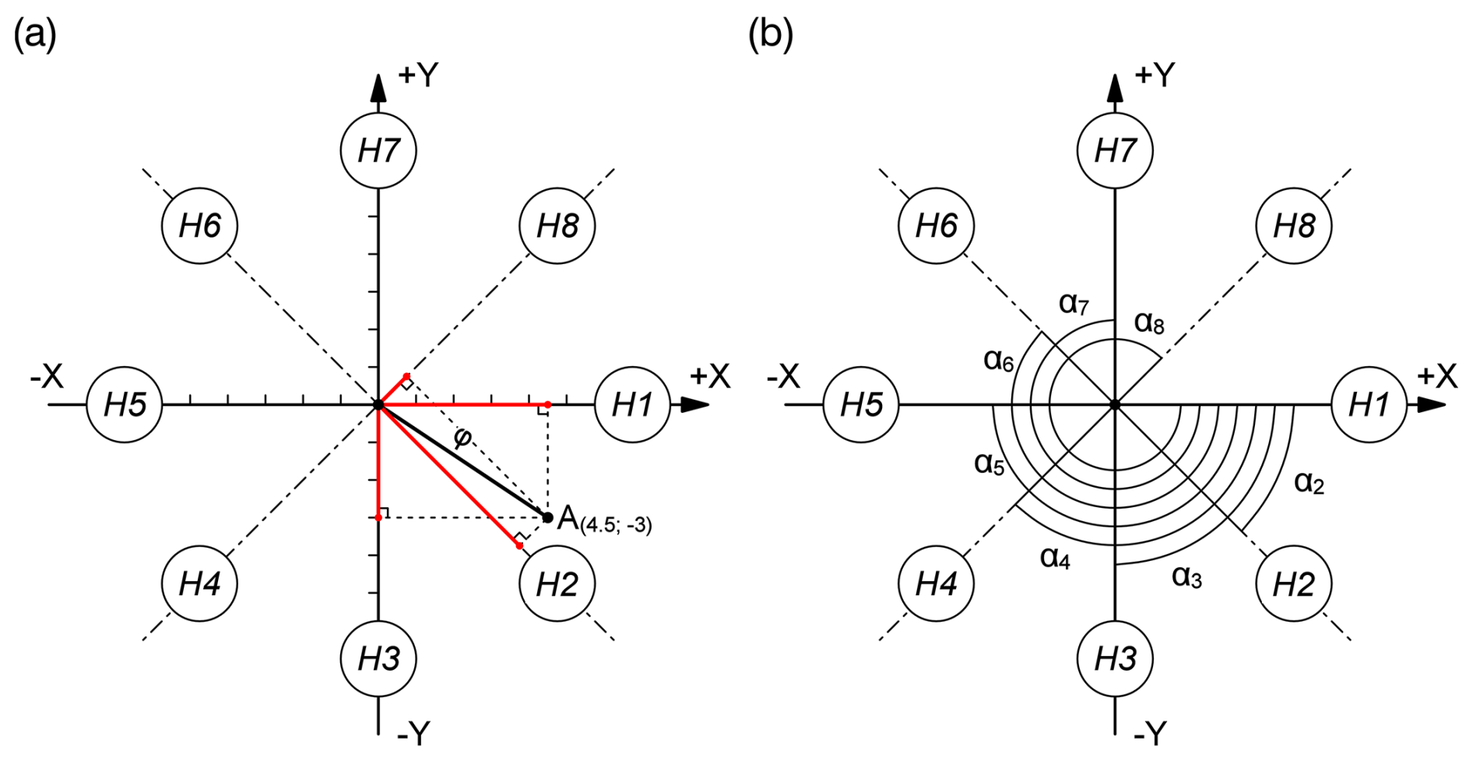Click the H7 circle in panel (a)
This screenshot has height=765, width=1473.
coord(378,150)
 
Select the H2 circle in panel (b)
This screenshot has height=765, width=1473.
coord(1293,583)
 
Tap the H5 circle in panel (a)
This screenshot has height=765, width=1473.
coord(125,404)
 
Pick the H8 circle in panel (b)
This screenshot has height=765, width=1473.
coord(1293,226)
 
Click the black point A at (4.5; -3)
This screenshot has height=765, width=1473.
coord(548,517)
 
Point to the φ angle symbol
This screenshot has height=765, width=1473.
coord(462,439)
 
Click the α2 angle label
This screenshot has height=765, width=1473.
coord(1309,483)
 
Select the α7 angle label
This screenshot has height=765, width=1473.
coord(1074,303)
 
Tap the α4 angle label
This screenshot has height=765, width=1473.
coord(1055,558)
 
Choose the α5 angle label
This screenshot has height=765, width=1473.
coord(990,464)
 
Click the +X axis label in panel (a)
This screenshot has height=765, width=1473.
coord(709,377)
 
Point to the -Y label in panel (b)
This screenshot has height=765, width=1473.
coord(1150,733)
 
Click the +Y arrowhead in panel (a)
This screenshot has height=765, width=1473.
coord(378,87)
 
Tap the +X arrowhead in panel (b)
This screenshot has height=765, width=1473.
coord(1431,404)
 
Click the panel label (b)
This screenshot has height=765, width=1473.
coord(770,34)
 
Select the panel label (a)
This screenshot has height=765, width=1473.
coord(35,34)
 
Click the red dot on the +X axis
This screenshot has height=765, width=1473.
coord(548,404)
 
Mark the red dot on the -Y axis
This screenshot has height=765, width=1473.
coord(378,517)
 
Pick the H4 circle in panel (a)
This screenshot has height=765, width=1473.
coord(199,583)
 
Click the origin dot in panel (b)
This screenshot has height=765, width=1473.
coord(1115,404)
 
